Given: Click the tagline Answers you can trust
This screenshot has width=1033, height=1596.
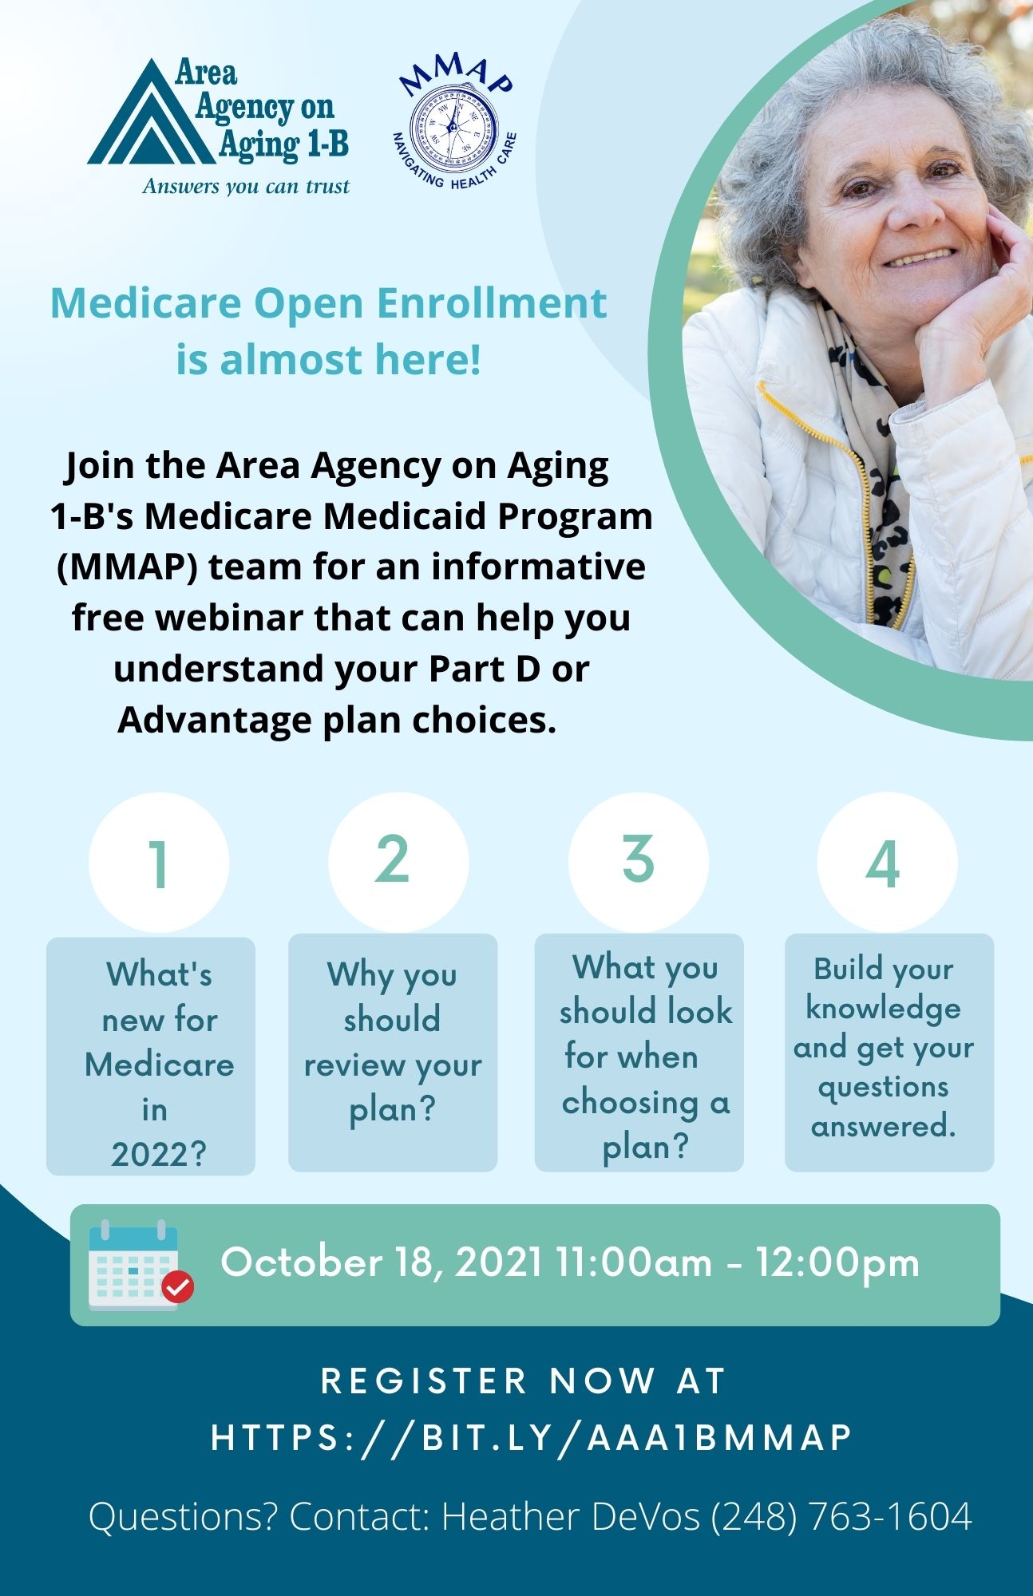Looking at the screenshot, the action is click(246, 186).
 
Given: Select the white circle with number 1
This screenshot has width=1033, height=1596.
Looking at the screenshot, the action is click(159, 863).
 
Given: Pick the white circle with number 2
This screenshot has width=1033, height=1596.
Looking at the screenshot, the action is click(398, 863).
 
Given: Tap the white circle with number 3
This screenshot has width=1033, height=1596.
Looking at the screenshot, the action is click(639, 863).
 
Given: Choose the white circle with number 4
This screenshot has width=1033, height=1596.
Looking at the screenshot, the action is click(887, 863).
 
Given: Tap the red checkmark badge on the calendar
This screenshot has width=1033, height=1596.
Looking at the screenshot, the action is click(177, 1286).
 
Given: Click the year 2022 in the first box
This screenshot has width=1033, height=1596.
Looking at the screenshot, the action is click(159, 1154).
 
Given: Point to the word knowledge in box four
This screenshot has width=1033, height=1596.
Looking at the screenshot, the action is click(883, 1009).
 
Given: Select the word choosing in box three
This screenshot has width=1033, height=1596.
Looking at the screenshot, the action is click(630, 1104).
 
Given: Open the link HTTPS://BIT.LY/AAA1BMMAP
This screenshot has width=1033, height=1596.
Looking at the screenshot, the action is click(532, 1437).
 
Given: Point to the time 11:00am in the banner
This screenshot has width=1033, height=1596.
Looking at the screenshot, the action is click(634, 1262).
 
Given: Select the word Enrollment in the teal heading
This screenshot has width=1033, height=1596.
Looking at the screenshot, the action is click(492, 303).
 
